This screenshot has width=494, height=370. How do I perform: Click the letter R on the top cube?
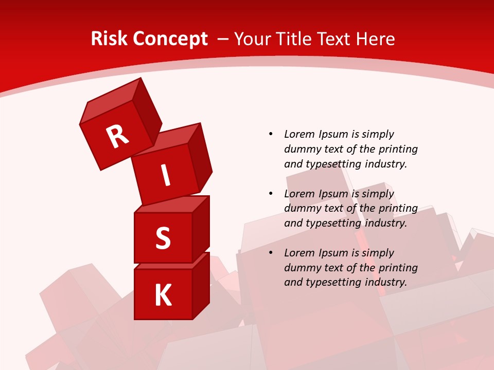coord(117,136)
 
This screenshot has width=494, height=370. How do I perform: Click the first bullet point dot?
coord(271,134)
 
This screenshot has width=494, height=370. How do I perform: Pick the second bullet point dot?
coord(271,194)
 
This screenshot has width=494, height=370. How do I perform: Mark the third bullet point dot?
coord(271,253)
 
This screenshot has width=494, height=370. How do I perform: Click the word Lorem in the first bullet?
coord(298,134)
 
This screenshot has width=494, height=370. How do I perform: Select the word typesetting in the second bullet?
coord(332,223)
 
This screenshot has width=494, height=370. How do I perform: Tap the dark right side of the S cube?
coord(201,229)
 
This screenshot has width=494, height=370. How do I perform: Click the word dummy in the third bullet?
coord(302,268)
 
